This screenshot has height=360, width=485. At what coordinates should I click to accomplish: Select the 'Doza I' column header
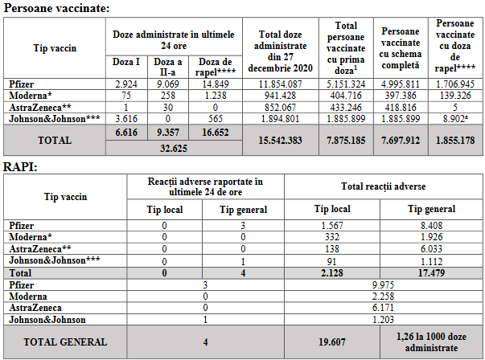127,62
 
